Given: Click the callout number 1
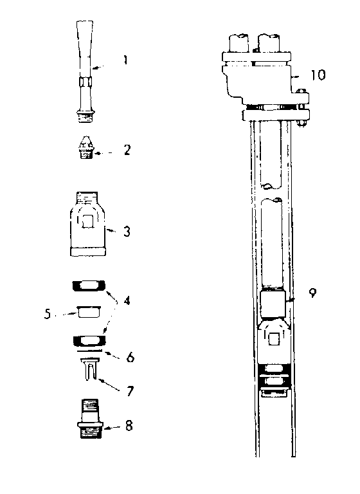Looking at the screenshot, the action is [x=125, y=60].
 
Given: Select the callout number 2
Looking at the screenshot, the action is [x=127, y=150].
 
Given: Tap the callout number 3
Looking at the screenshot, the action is [x=127, y=232].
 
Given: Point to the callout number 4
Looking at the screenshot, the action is [x=127, y=300].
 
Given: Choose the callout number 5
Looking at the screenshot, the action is [x=48, y=314].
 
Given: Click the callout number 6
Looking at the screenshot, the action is [x=130, y=357].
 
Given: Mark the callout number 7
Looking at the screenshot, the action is [x=130, y=391].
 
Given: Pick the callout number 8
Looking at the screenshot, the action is [x=129, y=426].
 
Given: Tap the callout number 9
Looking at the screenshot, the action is [x=312, y=293].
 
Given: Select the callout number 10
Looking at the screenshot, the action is [x=318, y=75].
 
